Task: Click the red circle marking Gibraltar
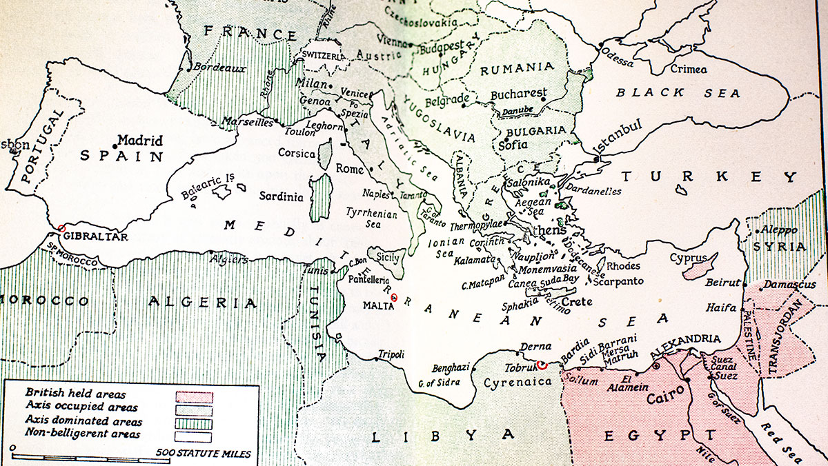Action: (x=61, y=228)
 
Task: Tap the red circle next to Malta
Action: (x=394, y=298)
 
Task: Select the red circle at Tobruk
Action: (x=542, y=365)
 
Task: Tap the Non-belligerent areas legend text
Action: (x=83, y=434)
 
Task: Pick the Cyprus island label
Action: (x=688, y=258)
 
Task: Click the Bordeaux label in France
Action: (x=219, y=68)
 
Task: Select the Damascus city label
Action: (x=789, y=284)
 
